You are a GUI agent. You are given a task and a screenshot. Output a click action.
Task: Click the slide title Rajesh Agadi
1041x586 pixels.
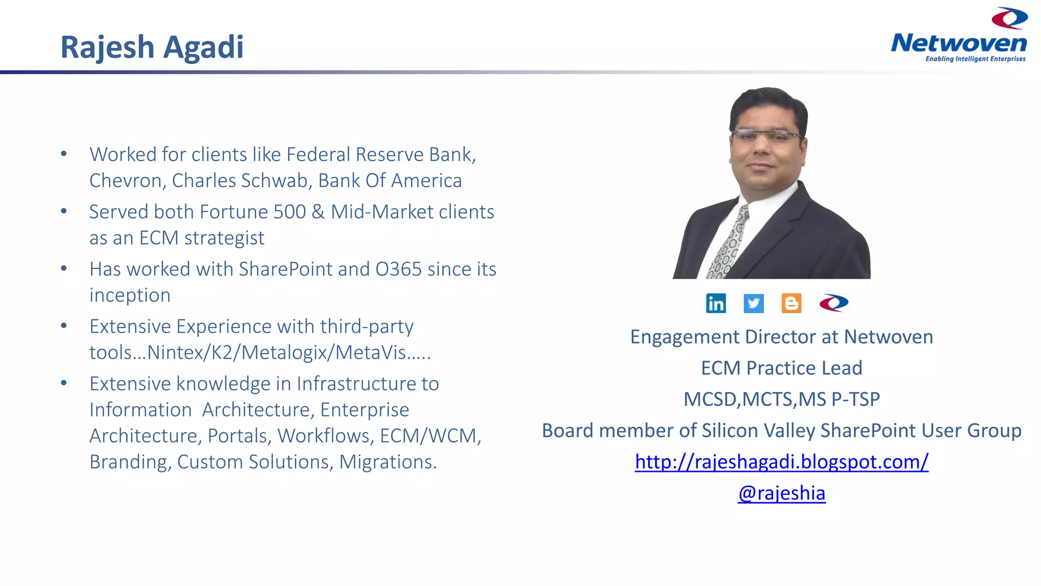152,47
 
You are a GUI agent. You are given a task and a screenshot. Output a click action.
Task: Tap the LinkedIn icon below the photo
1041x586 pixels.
716,303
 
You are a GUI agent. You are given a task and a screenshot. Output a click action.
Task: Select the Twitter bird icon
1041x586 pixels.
753,303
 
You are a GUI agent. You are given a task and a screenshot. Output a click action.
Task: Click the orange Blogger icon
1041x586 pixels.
791,303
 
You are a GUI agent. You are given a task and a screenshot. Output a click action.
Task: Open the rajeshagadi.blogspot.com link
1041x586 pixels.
781,462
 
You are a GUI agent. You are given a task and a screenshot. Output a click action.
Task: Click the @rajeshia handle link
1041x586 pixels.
781,493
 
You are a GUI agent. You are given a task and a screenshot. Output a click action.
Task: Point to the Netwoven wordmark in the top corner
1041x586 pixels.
959,43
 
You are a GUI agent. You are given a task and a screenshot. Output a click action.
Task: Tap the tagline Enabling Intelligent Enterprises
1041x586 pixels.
975,59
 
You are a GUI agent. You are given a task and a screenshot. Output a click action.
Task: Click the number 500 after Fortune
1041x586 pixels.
289,212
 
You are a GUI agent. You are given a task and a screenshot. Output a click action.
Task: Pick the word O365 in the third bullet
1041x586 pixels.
399,269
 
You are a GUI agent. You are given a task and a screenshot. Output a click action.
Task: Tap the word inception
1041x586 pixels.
130,295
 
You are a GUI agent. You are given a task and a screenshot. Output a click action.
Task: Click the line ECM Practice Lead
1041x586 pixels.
781,368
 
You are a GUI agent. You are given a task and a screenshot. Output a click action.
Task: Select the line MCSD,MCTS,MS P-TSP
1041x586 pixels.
781,399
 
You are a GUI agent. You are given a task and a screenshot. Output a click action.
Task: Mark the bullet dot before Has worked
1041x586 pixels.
64,268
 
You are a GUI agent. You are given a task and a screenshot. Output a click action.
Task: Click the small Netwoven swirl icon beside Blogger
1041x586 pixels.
834,303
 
